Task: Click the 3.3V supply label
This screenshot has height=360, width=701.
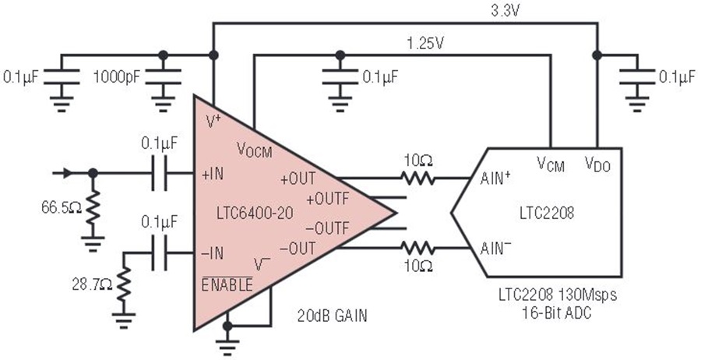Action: pyautogui.click(x=505, y=11)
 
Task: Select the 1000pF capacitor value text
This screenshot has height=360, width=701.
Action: pyautogui.click(x=117, y=77)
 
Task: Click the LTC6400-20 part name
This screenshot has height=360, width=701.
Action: pyautogui.click(x=255, y=213)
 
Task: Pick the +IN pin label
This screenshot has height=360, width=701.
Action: pyautogui.click(x=213, y=175)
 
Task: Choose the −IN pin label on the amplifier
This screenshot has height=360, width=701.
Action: pyautogui.click(x=213, y=253)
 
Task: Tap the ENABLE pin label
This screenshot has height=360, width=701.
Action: pyautogui.click(x=227, y=285)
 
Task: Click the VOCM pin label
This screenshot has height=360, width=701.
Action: pyautogui.click(x=255, y=150)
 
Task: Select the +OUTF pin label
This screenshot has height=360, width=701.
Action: pyautogui.click(x=328, y=198)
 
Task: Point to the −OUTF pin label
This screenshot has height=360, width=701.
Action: pyautogui.click(x=328, y=228)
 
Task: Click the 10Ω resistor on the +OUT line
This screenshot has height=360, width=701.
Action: pyautogui.click(x=417, y=178)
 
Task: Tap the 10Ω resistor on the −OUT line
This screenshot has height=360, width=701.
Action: pyautogui.click(x=417, y=248)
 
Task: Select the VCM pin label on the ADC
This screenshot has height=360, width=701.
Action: pyautogui.click(x=551, y=164)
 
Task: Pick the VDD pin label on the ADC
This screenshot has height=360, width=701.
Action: pyautogui.click(x=598, y=164)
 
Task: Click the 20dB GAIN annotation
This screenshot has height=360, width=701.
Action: pyautogui.click(x=333, y=316)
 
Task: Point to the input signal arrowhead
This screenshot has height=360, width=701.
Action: pyautogui.click(x=67, y=173)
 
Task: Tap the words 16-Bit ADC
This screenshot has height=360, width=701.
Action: pyautogui.click(x=557, y=312)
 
